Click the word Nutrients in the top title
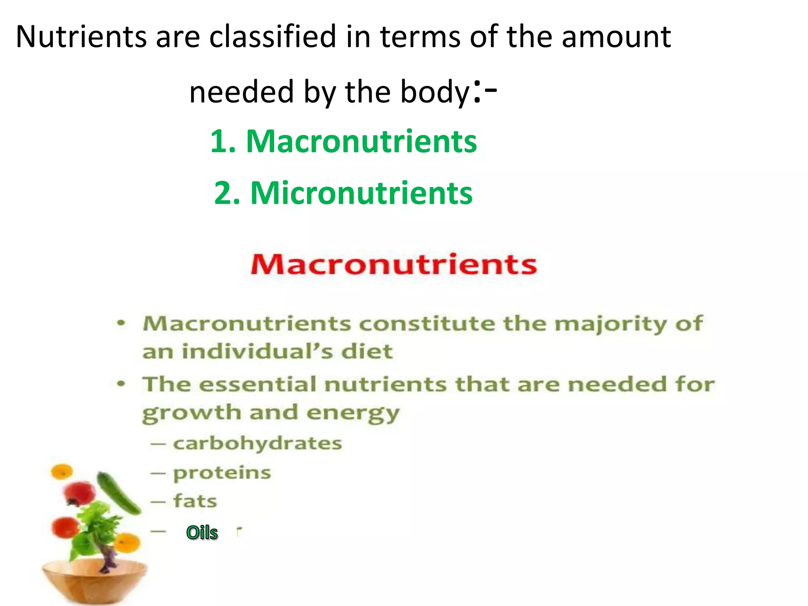(x=80, y=37)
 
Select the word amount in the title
(x=616, y=37)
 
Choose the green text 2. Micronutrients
(x=343, y=193)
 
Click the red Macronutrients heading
(x=394, y=264)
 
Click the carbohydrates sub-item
(x=257, y=443)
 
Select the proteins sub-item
(x=222, y=473)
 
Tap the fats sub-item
(x=195, y=501)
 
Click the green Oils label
(x=202, y=533)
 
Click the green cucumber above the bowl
(x=119, y=493)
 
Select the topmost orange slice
(x=62, y=471)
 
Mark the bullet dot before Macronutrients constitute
(x=122, y=323)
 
